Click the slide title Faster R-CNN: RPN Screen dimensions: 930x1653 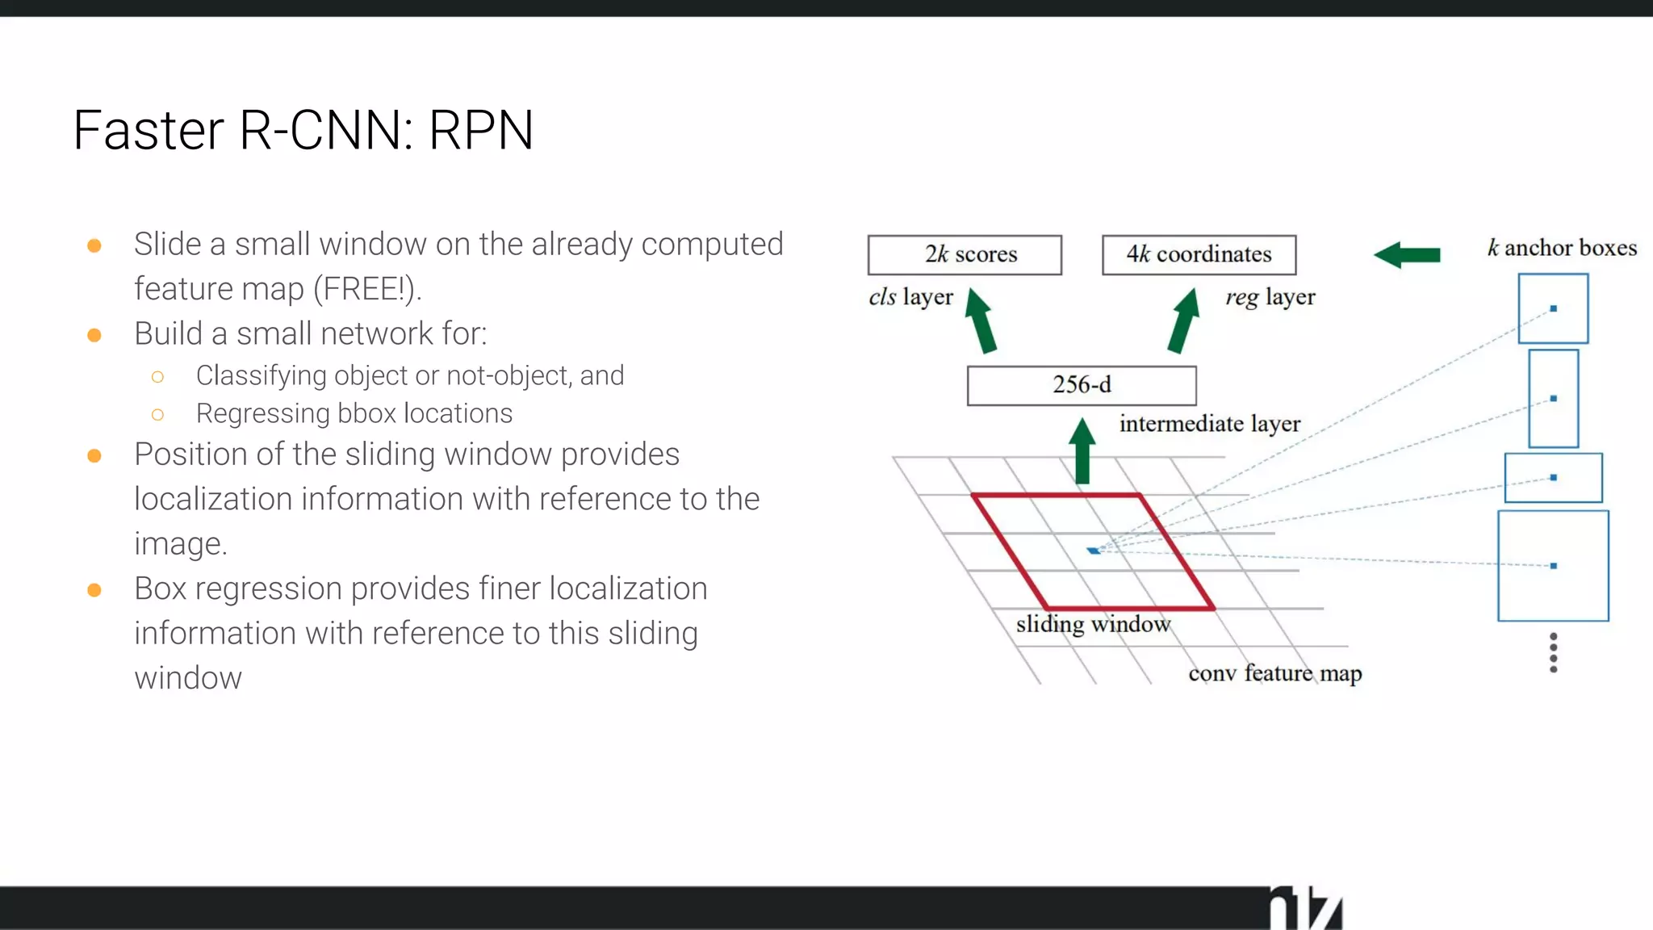303,130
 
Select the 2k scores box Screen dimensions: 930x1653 965,255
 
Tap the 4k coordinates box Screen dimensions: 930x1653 1199,255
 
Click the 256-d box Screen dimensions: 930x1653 1082,385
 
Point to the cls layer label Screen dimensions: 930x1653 910,297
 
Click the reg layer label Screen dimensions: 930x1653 1270,297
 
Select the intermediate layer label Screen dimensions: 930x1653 1209,424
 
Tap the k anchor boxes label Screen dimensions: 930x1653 1562,248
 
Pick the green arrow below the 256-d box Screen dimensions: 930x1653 1082,452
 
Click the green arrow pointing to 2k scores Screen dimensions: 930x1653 981,321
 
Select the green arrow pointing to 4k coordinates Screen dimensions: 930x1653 1184,321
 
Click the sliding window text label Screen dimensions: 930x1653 1093,624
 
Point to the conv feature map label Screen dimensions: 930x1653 1274,673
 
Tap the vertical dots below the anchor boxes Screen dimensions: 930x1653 1553,652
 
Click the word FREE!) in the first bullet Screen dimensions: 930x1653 367,289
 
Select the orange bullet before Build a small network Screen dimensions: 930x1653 94,335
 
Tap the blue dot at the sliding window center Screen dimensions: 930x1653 1093,551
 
